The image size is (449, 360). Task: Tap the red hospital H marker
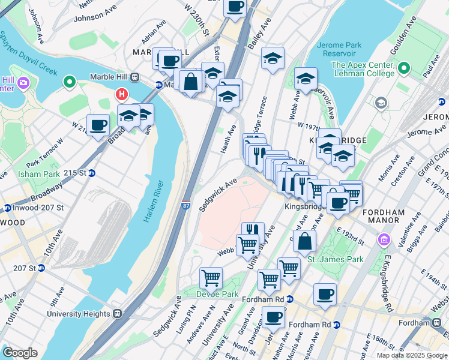pos(122,94)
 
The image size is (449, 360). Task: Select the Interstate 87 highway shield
pos(185,206)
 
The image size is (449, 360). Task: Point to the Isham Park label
pos(43,174)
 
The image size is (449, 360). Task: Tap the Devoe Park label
pos(217,293)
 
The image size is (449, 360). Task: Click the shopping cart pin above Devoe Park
pos(211,278)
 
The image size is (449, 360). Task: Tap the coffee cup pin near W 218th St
pos(98,125)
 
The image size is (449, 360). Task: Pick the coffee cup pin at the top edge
pos(235,7)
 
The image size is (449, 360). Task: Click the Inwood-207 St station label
pos(34,208)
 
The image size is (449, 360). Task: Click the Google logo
pos(20,353)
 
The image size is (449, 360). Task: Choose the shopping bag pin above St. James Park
pos(304,242)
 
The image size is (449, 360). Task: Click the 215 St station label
pos(77,173)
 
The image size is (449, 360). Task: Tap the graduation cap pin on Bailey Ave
pos(273,59)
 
